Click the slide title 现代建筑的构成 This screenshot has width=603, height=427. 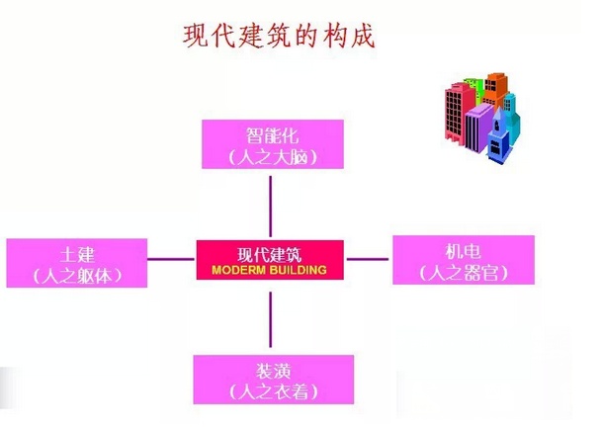point(280,37)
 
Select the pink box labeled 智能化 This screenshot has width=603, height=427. point(272,144)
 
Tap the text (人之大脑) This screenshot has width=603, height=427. point(272,157)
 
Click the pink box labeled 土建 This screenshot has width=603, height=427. point(76,262)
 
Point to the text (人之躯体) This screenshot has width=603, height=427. point(77,276)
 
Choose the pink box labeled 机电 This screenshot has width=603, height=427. point(463,260)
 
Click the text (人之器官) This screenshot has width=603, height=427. point(463,273)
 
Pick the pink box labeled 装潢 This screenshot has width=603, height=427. point(272,379)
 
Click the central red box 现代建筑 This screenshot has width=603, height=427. point(270,260)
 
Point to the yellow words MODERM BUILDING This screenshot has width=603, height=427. point(269,269)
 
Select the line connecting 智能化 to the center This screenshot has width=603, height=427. point(270,204)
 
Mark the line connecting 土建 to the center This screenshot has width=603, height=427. point(171,260)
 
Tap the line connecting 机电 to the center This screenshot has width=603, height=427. point(368,260)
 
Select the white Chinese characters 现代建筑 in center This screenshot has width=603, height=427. point(270,253)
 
